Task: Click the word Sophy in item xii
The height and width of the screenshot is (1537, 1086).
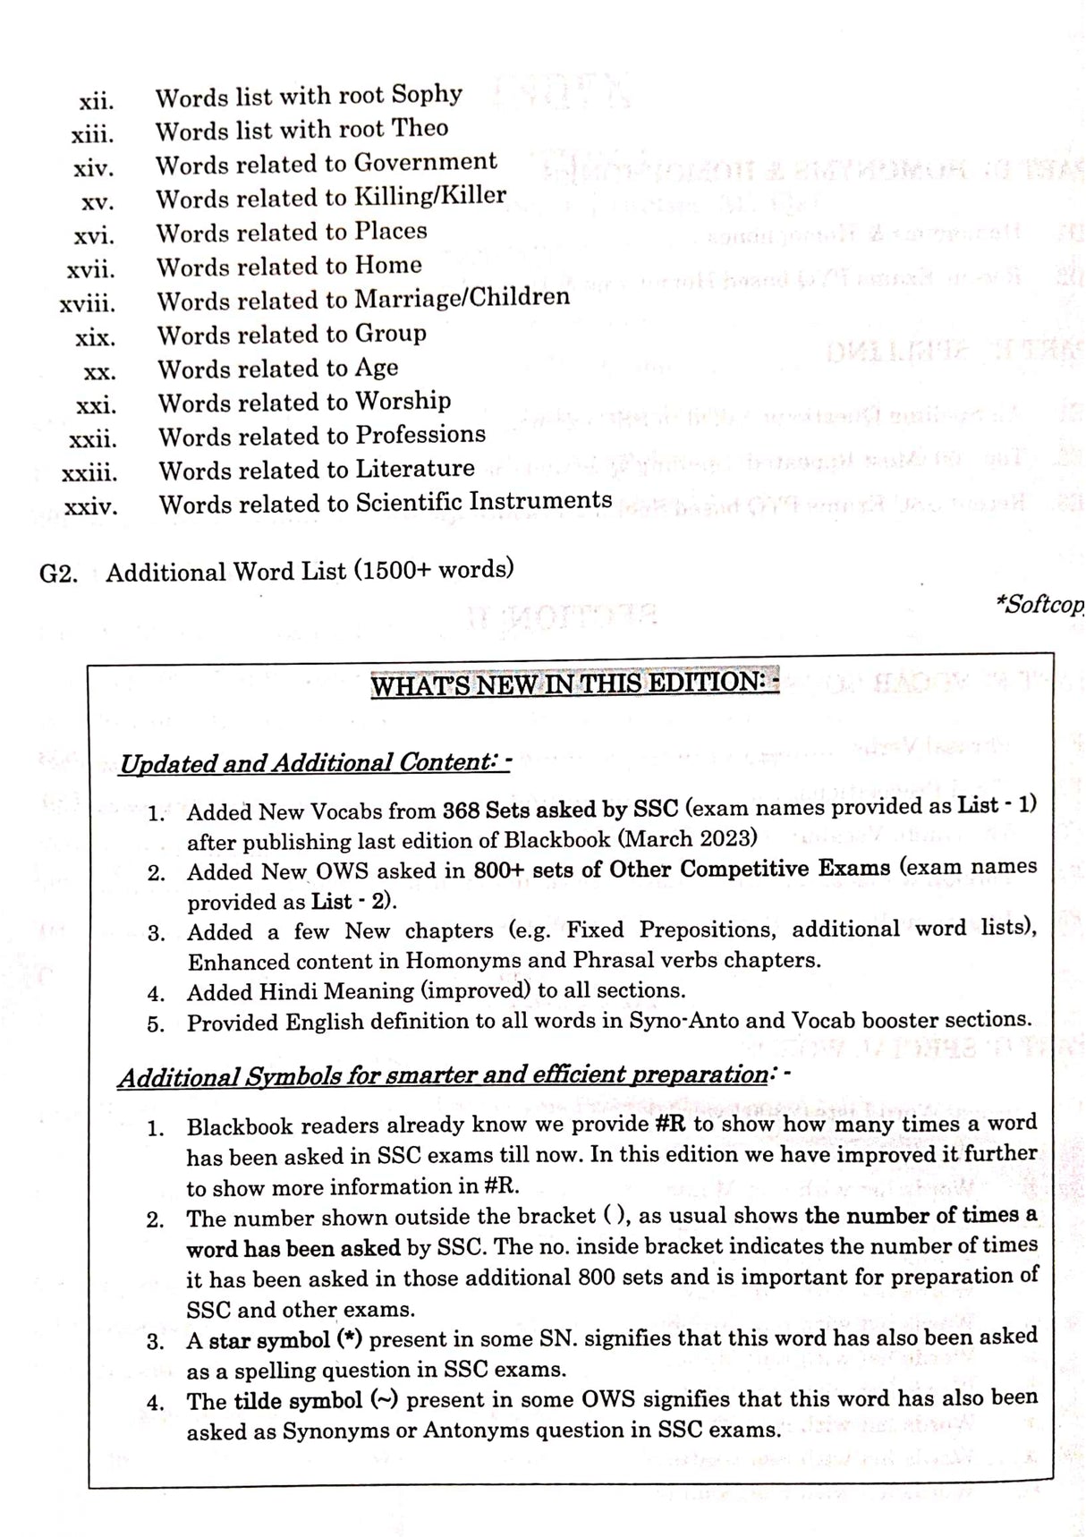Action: pyautogui.click(x=427, y=95)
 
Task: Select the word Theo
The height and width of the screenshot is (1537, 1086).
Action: pyautogui.click(x=420, y=129)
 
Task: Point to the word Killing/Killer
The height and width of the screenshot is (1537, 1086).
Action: pyautogui.click(x=430, y=196)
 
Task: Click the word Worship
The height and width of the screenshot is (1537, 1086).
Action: pyautogui.click(x=403, y=401)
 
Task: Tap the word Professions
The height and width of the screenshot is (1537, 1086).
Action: pyautogui.click(x=420, y=435)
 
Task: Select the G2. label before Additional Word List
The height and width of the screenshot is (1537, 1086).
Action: pyautogui.click(x=58, y=573)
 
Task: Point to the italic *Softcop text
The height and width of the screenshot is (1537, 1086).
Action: pyautogui.click(x=1039, y=605)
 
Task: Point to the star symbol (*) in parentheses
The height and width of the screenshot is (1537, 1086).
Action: pyautogui.click(x=348, y=1340)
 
